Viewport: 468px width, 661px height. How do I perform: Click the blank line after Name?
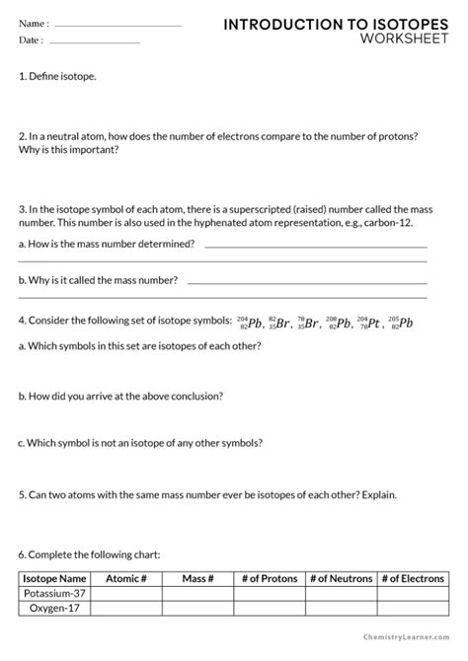pos(118,25)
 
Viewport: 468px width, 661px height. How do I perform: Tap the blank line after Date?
pos(95,41)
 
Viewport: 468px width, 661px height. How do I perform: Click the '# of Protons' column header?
pos(269,579)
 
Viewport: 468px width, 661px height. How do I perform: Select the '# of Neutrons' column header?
pos(341,579)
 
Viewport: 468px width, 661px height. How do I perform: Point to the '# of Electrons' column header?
pos(414,579)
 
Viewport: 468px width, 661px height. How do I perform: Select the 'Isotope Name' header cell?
pos(55,579)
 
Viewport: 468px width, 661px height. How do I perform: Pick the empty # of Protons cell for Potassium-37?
pos(269,595)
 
